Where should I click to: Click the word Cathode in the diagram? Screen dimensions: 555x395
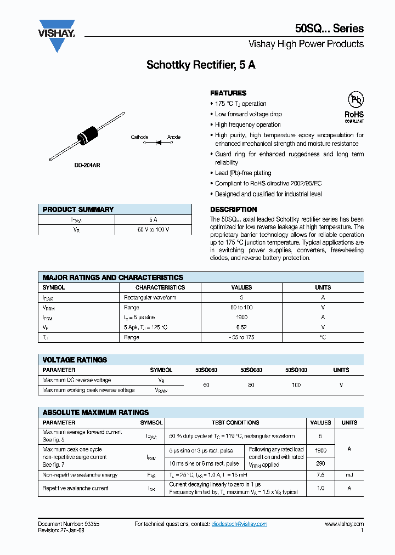coord(139,137)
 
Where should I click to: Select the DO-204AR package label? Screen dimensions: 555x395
coord(87,165)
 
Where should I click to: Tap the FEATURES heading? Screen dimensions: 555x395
coord(228,93)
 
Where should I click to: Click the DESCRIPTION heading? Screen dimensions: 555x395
coord(233,209)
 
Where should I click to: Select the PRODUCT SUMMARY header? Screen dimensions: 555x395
coord(78,209)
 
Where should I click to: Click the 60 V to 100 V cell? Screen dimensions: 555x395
coord(153,229)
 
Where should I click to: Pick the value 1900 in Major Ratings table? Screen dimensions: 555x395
coord(241,317)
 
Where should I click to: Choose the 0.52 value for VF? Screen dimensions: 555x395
coord(241,327)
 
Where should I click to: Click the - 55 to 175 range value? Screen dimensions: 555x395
coord(241,337)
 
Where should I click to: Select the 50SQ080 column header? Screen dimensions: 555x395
coord(251,370)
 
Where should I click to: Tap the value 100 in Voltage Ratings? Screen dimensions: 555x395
coord(296,385)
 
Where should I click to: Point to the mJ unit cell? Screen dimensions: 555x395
coord(349,475)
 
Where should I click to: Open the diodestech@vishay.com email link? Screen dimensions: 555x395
coord(239,524)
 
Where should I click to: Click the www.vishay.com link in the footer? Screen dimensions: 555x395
coord(344,524)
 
